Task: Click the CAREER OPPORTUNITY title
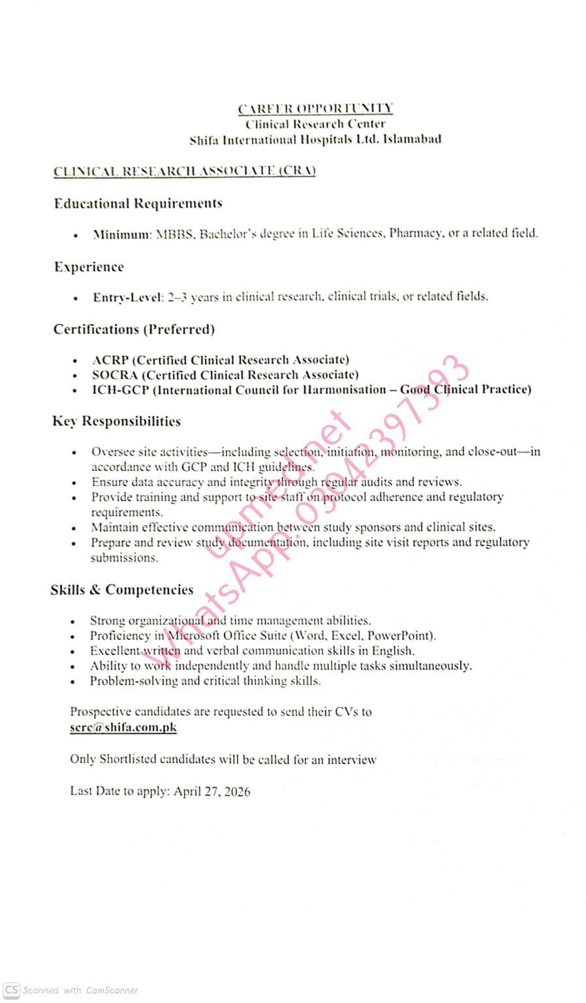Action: [315, 108]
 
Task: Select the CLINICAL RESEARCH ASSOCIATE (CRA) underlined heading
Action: [185, 171]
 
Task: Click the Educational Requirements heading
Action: [138, 204]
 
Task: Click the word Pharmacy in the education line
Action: [415, 233]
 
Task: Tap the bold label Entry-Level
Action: [127, 297]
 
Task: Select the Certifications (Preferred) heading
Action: [134, 329]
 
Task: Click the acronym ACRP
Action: [110, 360]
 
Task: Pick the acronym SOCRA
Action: [115, 375]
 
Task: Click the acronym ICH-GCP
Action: [120, 390]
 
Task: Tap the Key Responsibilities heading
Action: [117, 421]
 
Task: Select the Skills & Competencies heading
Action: [122, 590]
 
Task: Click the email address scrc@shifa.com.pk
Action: [123, 727]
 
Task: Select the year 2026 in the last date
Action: [237, 791]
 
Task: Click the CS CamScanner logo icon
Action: [12, 990]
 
